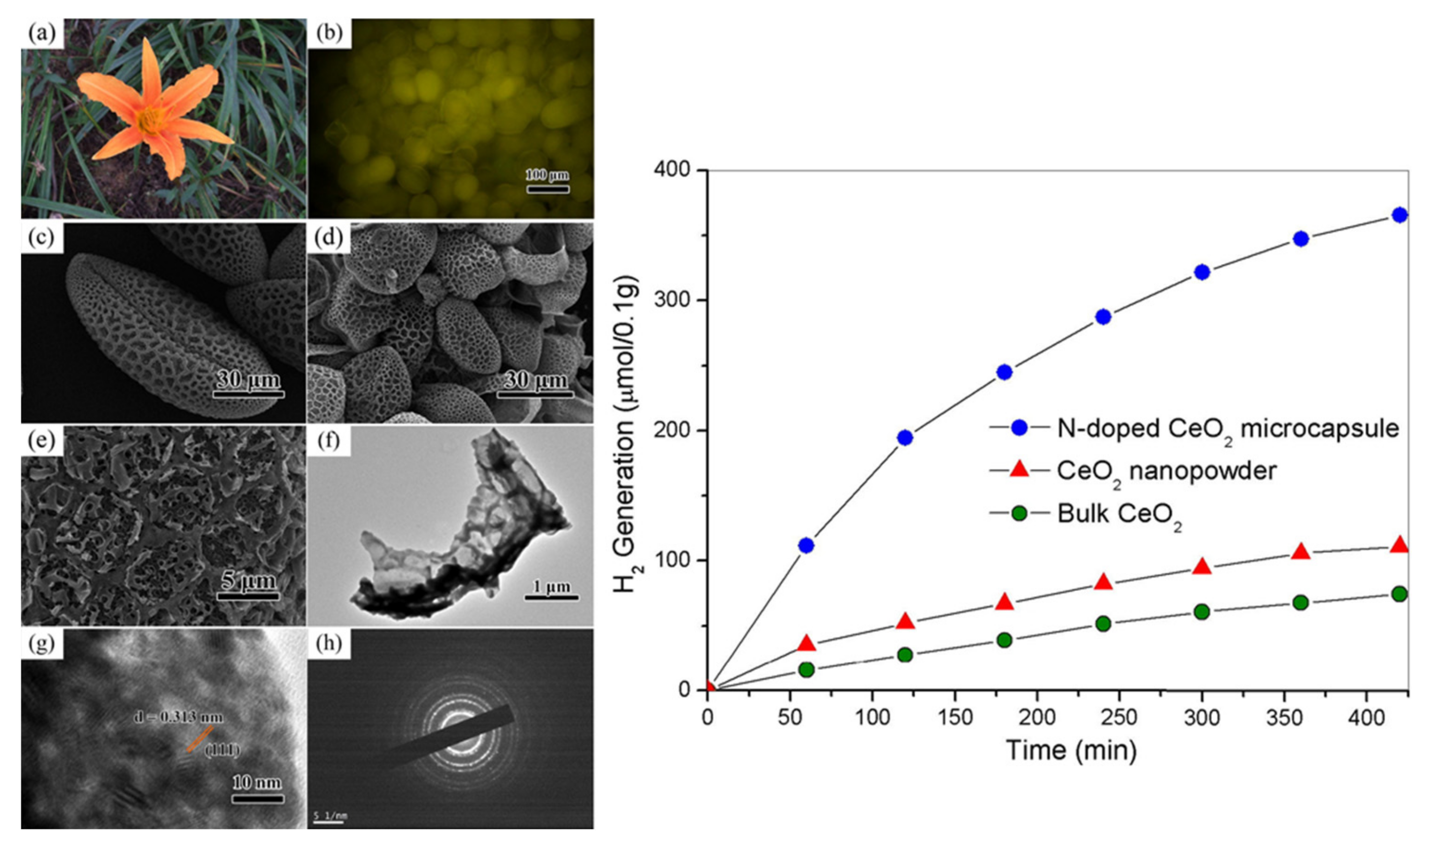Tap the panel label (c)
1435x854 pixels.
click(x=41, y=236)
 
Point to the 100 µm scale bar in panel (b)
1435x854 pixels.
click(x=547, y=188)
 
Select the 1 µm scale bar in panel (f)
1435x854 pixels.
click(x=551, y=597)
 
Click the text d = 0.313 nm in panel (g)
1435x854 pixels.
click(x=178, y=717)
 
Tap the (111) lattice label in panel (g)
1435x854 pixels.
click(x=222, y=750)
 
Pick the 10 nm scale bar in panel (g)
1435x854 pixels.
click(x=257, y=798)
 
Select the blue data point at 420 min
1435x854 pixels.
click(x=1400, y=215)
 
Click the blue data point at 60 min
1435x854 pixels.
click(x=806, y=545)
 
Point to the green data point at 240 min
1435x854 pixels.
click(x=1103, y=624)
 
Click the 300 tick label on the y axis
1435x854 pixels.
click(x=672, y=300)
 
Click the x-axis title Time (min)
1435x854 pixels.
click(x=1071, y=751)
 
